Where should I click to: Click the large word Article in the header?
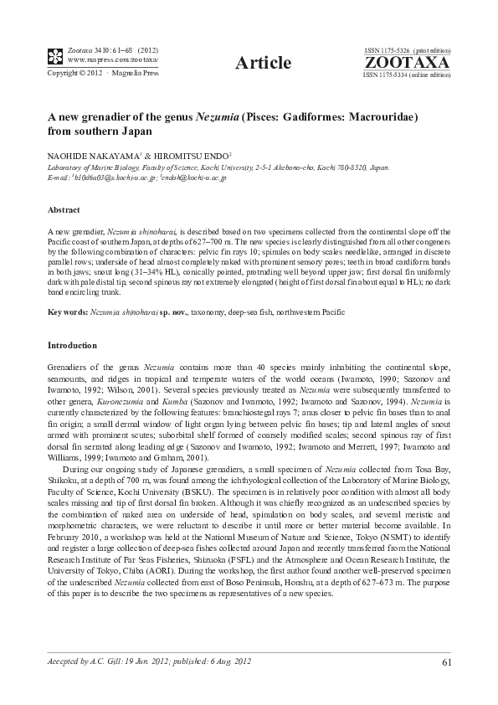point(264,63)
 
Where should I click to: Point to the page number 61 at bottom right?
point(445,664)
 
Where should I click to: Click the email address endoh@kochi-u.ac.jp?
point(193,178)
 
